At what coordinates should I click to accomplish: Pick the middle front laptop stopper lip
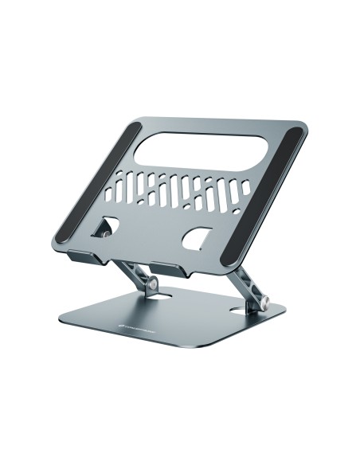pos(172,268)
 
